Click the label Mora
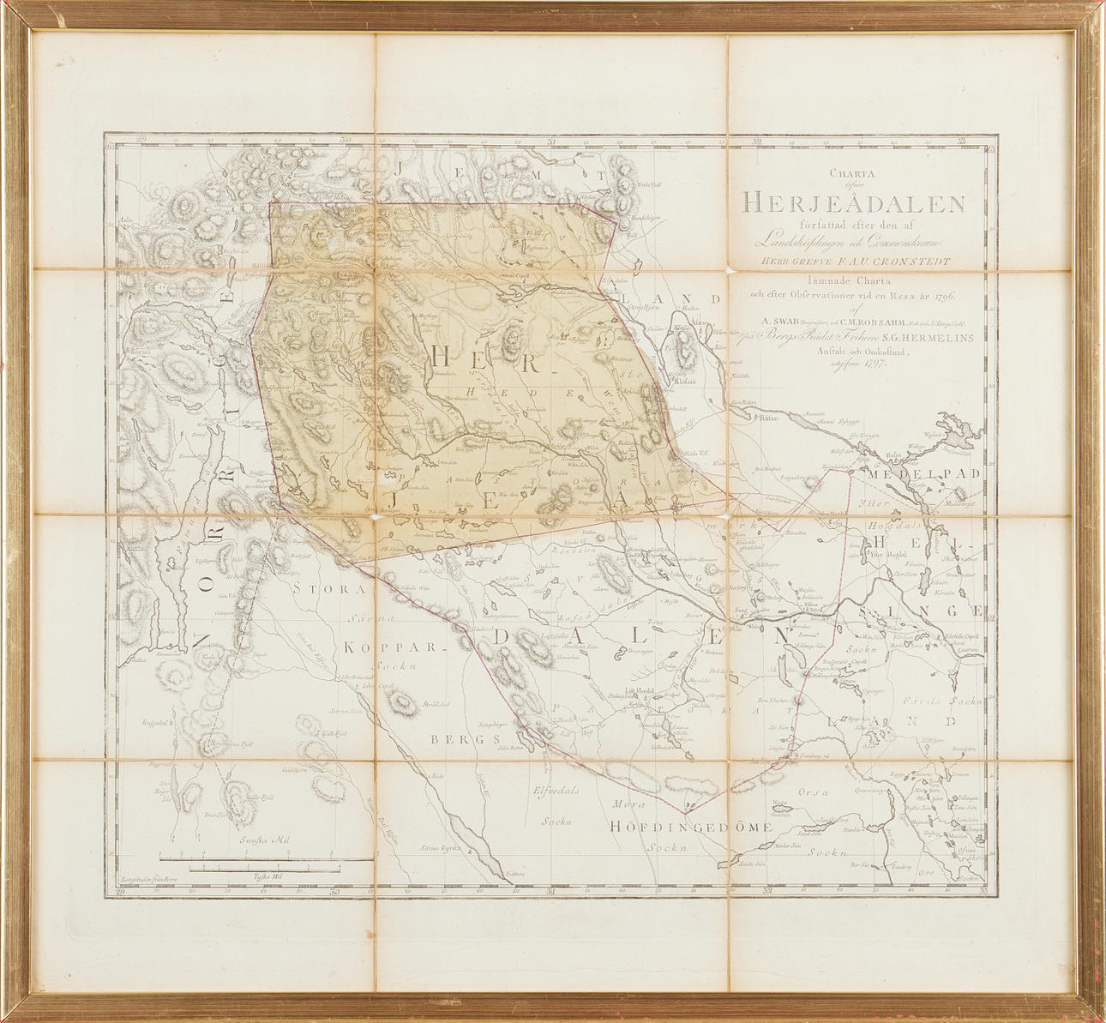629,804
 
